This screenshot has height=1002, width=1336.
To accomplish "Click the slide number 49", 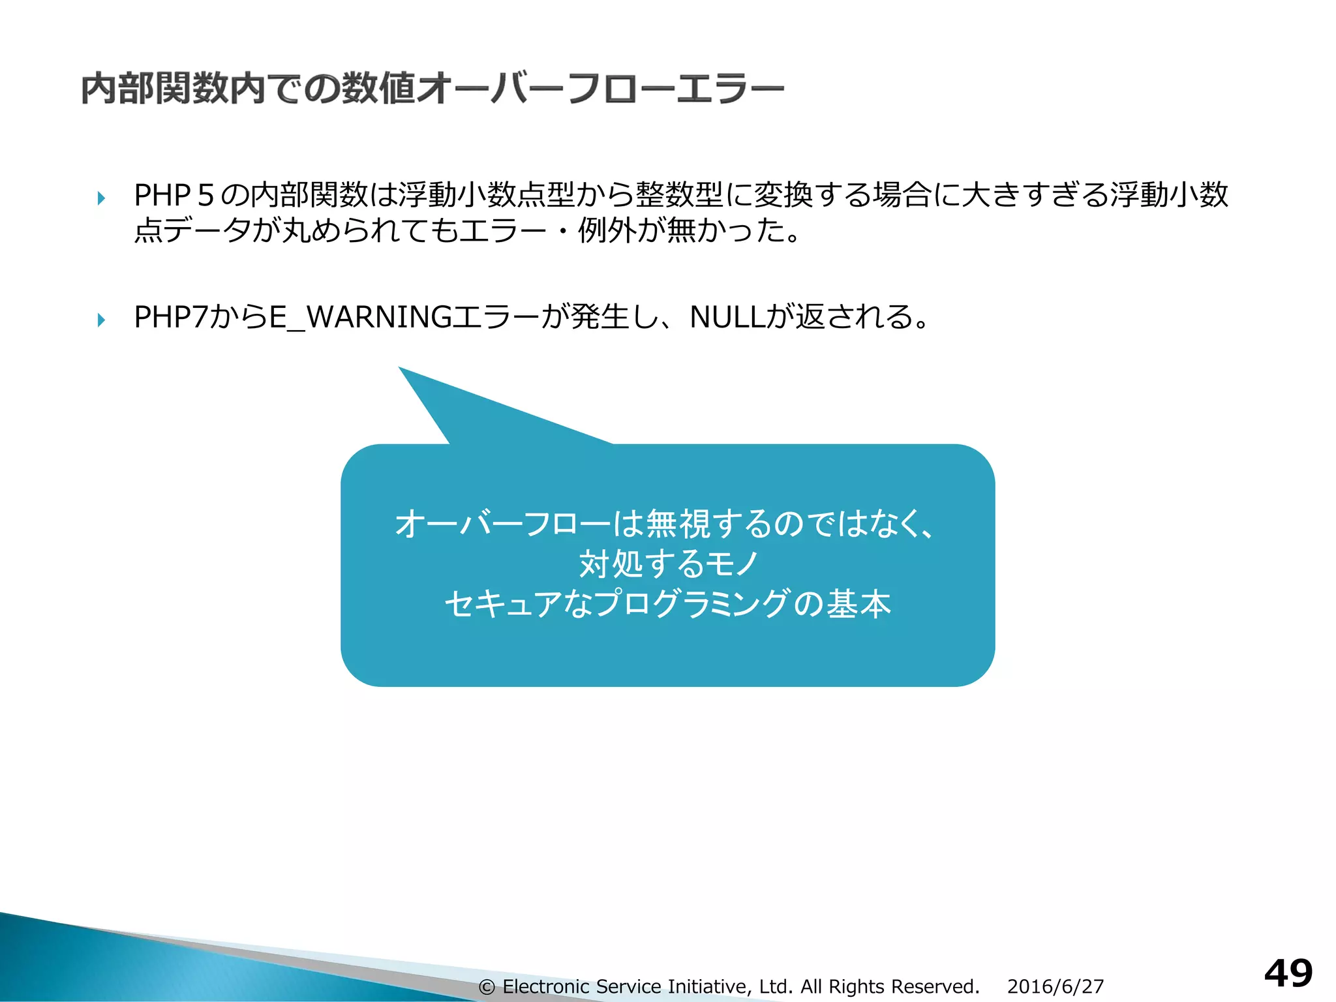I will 1288,974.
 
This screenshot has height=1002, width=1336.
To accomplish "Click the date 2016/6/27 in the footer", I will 1055,986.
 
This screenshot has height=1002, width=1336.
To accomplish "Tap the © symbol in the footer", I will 486,987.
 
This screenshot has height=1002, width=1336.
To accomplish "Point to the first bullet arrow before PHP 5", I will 101,198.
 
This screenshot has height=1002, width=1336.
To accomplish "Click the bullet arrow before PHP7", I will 101,320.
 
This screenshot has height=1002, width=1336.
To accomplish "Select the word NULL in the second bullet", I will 726,318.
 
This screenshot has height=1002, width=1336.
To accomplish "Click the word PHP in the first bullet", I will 162,195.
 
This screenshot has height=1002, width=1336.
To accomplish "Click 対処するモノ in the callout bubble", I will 668,564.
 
